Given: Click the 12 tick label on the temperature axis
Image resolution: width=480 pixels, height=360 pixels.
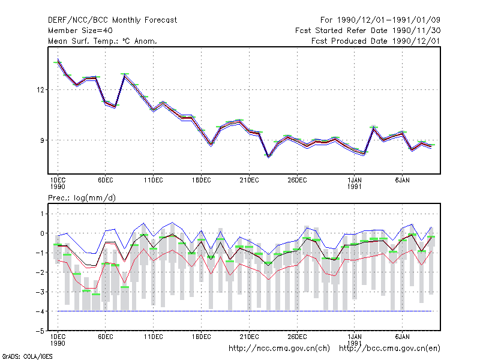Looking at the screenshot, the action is pos(40,90).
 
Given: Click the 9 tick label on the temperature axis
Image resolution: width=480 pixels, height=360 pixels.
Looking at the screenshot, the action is pos(42,140).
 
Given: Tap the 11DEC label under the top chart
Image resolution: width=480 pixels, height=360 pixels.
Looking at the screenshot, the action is pos(154,181).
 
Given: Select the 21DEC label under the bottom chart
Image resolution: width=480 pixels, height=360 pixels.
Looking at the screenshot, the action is pos(249,337).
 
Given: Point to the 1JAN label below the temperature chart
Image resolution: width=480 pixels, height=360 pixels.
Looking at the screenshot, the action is pos(355,181).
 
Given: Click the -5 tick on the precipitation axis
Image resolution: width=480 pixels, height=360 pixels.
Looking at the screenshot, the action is pos(40,331).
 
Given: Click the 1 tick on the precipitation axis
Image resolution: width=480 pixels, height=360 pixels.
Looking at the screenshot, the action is pos(42,214).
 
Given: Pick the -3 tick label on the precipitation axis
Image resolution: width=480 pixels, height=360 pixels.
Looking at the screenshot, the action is pos(40,292).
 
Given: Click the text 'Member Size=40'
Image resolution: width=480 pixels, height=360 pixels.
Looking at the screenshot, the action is pos(80,31).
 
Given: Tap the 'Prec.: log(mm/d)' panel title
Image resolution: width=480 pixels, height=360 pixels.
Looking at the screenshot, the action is pos(82,198).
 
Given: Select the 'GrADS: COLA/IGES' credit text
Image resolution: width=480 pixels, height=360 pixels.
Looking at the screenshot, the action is pos(27,356).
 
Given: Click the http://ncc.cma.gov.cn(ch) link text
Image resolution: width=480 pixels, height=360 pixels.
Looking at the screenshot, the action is pos(279,349).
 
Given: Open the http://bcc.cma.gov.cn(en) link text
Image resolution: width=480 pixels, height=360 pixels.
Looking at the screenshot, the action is pos(389,349).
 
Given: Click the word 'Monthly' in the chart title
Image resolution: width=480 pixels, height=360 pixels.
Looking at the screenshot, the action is pos(127,20).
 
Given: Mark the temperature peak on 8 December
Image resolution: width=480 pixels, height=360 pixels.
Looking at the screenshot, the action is pos(125,74).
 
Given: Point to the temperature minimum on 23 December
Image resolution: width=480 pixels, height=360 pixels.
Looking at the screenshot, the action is pos(268,157).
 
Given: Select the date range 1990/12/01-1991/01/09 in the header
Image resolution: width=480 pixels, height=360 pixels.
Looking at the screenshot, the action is pos(389,20).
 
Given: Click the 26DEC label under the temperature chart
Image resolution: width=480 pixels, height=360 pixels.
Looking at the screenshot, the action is pos(297,181).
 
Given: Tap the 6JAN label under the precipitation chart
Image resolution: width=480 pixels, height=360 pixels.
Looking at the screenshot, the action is pos(402,337).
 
